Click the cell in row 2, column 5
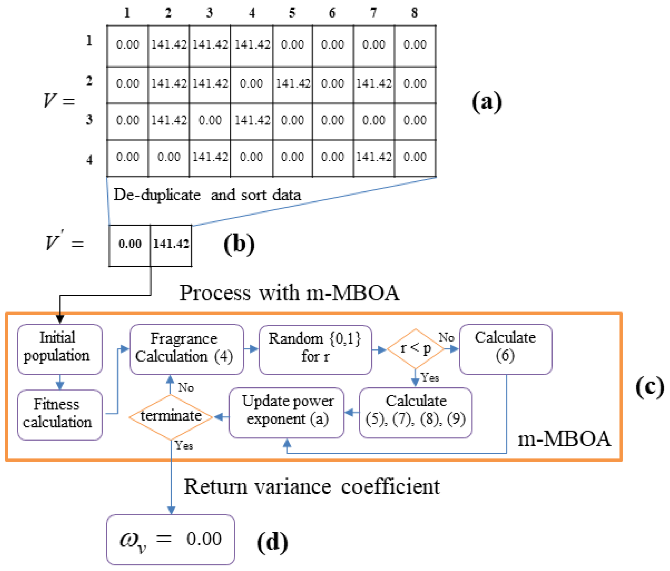pos(292,84)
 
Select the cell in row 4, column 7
pos(374,157)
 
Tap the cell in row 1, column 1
pos(127,45)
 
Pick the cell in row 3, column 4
pos(252,121)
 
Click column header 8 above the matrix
pos(415,13)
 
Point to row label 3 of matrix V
pos(89,120)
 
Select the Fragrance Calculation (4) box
pos(187,348)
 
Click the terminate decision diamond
pos(171,417)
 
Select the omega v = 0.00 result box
pos(170,539)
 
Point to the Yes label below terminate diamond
pos(184,446)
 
